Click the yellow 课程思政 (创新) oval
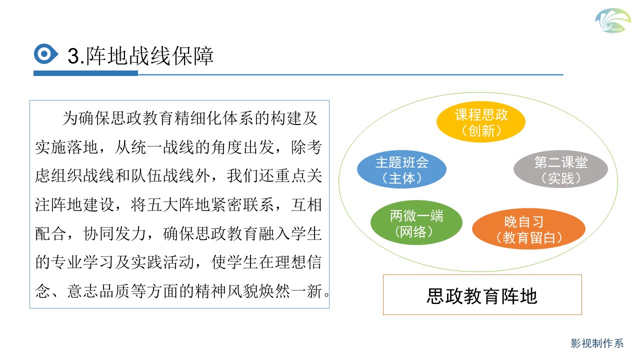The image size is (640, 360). (x=481, y=121)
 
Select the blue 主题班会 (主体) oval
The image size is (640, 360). (x=401, y=169)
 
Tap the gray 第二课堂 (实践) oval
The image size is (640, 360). (x=560, y=169)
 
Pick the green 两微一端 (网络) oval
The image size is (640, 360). (x=416, y=222)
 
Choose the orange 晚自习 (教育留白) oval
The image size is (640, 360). (x=528, y=229)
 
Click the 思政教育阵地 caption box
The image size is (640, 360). (x=482, y=295)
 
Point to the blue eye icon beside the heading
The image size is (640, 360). (x=45, y=53)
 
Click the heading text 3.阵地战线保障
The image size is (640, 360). (x=140, y=55)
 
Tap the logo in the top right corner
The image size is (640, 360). (x=613, y=20)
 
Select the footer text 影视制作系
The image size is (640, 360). (x=597, y=343)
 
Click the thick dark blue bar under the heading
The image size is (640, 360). (x=85, y=73)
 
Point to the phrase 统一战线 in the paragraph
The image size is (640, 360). (x=163, y=147)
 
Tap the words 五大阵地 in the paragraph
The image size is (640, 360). (x=179, y=204)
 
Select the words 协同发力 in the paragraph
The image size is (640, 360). (x=115, y=233)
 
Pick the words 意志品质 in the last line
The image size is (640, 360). (x=99, y=291)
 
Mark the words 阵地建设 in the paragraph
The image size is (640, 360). (x=83, y=204)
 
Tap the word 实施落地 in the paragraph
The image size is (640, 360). (x=67, y=147)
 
